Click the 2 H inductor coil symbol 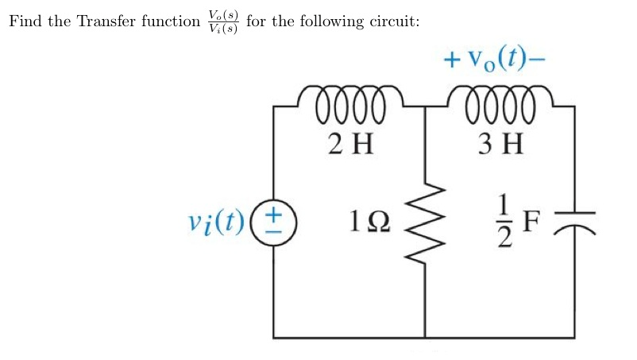click(x=349, y=105)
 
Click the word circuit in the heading click(x=392, y=21)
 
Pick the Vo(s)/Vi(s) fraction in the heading click(x=222, y=21)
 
